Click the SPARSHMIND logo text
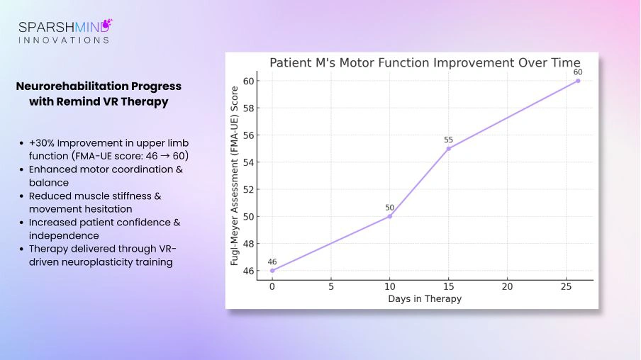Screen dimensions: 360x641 click(65, 27)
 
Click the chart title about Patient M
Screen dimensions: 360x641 click(425, 62)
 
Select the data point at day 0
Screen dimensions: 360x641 click(272, 270)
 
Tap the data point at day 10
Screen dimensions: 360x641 click(389, 216)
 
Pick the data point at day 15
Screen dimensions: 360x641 click(448, 148)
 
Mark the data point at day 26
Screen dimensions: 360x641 click(578, 81)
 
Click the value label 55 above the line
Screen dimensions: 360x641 click(448, 140)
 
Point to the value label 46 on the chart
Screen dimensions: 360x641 click(272, 261)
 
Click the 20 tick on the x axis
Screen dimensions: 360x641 click(507, 286)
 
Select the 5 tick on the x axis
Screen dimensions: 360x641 click(330, 286)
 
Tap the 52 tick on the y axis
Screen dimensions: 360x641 click(248, 189)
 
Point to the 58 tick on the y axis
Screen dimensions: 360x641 click(248, 108)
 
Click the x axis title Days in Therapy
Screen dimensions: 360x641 click(425, 299)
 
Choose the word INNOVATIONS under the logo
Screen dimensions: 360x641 click(64, 40)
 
